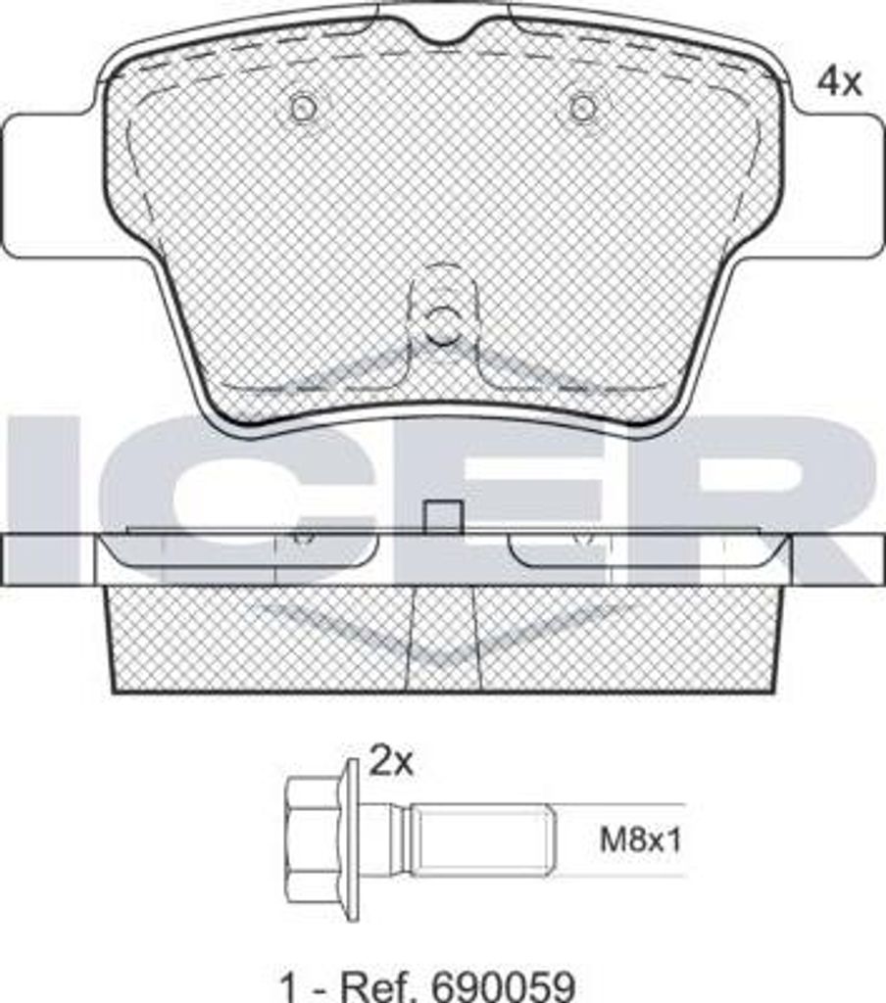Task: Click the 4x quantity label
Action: pos(839,82)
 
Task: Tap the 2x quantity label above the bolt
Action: pos(391,762)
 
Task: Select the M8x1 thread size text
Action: pos(640,839)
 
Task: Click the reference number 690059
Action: pos(504,987)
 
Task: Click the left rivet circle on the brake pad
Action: pos(303,108)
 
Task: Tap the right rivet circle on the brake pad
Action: pos(582,108)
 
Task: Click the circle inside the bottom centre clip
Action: pos(442,324)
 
